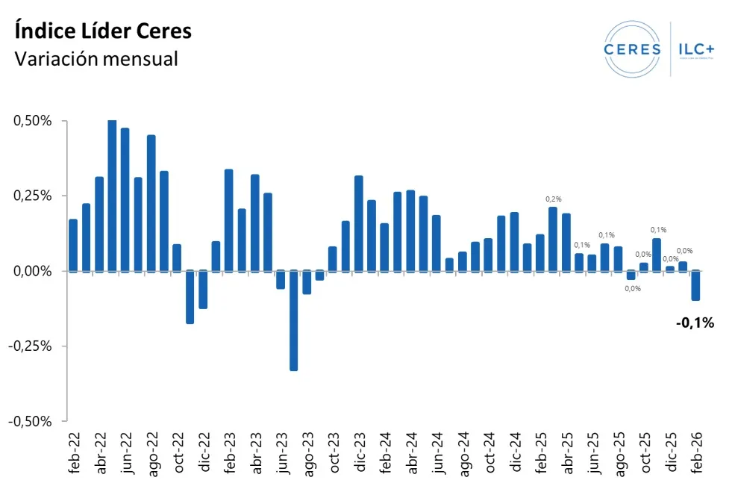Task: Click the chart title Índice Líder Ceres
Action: tap(103, 31)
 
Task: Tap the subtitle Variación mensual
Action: tap(96, 58)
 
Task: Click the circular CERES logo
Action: tap(632, 49)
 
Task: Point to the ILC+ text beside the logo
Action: tap(695, 49)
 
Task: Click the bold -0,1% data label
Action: tap(695, 323)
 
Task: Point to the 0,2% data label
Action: tap(553, 199)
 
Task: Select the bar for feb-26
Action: tap(695, 285)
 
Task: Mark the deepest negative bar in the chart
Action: tap(294, 320)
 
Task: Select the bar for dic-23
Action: tap(359, 223)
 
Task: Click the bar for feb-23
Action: tap(229, 220)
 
